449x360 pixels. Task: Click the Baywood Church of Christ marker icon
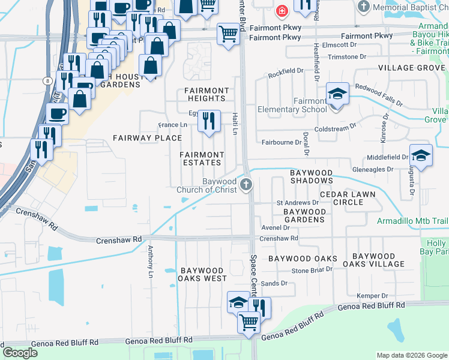[246, 184]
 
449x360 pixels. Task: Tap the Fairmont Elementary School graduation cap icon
[337, 94]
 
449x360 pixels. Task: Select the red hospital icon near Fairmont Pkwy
[281, 10]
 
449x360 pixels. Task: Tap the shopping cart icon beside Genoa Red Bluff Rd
[249, 322]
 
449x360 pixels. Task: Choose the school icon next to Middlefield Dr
[421, 155]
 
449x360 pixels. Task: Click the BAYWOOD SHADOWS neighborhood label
[311, 176]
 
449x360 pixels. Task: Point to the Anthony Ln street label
[150, 262]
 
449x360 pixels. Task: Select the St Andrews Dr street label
[297, 202]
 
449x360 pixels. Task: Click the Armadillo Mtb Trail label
[412, 221]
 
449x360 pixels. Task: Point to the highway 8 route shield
[46, 80]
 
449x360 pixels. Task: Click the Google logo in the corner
[19, 353]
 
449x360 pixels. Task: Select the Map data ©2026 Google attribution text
[411, 355]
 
